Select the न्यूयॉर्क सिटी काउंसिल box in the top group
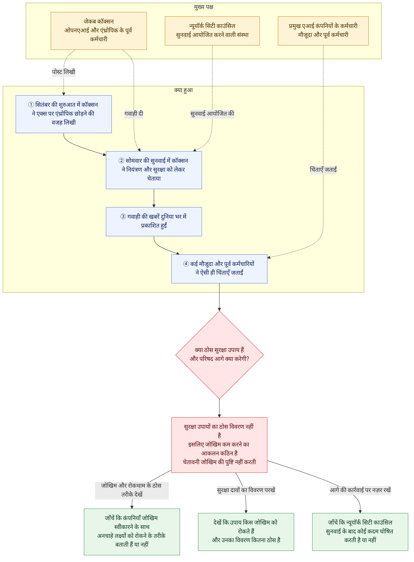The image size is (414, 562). (212, 31)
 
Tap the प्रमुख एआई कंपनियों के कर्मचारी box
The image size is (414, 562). (323, 31)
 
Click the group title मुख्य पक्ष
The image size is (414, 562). (203, 7)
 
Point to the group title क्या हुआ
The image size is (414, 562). (183, 90)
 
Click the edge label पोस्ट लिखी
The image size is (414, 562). (64, 72)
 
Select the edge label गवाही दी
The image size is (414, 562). (134, 114)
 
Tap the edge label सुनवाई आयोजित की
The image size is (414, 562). (212, 114)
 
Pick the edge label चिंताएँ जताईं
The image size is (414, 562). (323, 170)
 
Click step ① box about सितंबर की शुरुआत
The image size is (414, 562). (64, 114)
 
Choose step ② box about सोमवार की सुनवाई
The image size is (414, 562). (154, 170)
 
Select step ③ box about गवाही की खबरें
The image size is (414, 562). (154, 222)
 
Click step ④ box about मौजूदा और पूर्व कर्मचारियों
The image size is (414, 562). (219, 269)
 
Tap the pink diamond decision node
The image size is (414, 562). (219, 355)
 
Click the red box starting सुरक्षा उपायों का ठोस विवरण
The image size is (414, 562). (219, 445)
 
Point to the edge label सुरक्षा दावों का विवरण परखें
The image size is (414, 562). (246, 490)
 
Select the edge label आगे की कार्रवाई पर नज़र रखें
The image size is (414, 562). (360, 490)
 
